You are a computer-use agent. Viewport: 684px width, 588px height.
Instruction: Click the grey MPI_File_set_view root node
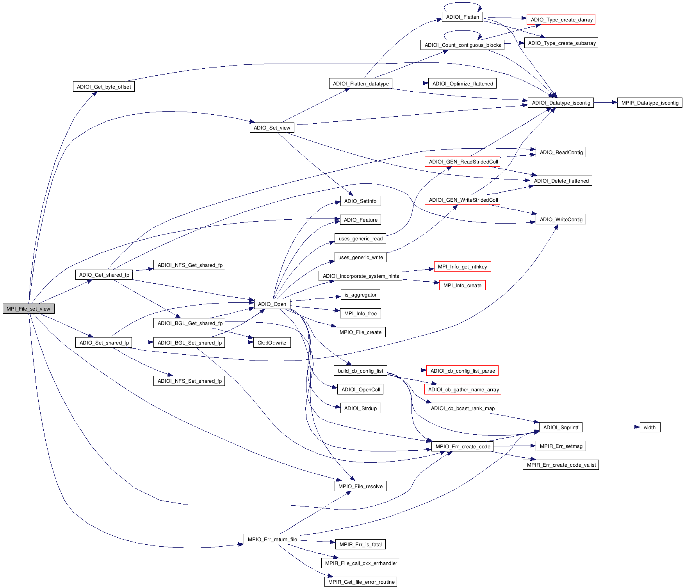[28, 309]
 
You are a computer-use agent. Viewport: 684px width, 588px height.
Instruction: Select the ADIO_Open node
[272, 304]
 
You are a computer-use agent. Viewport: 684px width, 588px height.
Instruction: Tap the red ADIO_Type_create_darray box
[561, 20]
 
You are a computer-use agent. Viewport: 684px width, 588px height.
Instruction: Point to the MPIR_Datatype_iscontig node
[650, 103]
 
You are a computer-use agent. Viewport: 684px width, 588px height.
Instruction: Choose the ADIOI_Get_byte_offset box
[104, 87]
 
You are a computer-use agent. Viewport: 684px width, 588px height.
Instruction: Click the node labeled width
[650, 427]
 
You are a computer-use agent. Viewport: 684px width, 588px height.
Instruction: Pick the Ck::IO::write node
[272, 343]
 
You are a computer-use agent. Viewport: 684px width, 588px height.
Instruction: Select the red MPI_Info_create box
[462, 285]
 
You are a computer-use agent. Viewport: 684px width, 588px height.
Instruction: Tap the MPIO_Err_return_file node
[272, 539]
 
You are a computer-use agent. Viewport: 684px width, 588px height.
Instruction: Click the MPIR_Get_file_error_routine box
[361, 582]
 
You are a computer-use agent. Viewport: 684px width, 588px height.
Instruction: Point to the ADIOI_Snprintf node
[561, 427]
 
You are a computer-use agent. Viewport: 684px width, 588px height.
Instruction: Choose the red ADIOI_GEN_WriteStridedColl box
[463, 200]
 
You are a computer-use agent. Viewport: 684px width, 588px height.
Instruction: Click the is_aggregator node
[360, 295]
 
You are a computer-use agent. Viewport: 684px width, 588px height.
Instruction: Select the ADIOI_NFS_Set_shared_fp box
[189, 381]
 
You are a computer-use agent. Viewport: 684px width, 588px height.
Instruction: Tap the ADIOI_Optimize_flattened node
[462, 83]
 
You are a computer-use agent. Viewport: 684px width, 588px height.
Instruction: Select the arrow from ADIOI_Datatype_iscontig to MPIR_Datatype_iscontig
[605, 103]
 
